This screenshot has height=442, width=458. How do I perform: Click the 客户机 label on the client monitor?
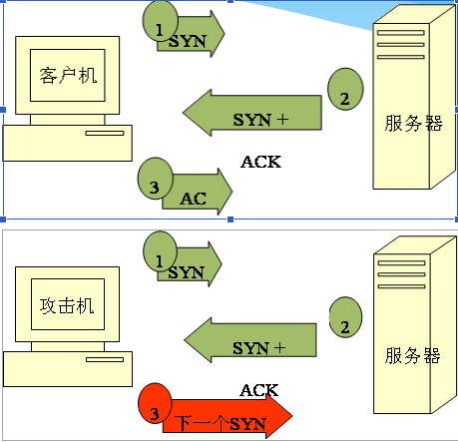click(x=68, y=76)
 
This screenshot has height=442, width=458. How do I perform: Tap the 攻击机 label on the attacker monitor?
click(x=67, y=305)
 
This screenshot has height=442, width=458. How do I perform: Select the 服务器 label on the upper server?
click(x=413, y=123)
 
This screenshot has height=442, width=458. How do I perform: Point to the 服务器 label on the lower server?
click(x=413, y=355)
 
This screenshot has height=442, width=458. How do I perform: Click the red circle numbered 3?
click(x=155, y=403)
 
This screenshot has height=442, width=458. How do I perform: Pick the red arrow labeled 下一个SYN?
click(x=228, y=416)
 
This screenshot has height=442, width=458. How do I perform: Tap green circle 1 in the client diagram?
click(x=160, y=21)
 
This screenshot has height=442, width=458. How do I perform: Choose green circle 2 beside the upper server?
click(x=345, y=89)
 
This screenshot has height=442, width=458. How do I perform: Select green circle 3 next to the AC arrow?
click(x=156, y=179)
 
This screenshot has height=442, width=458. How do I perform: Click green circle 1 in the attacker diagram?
click(x=160, y=251)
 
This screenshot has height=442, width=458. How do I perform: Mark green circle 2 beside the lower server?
click(x=345, y=317)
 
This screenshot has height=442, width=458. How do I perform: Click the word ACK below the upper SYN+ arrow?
click(x=261, y=162)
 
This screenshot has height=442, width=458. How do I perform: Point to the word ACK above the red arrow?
click(x=259, y=390)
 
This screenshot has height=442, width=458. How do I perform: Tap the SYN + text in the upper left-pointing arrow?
click(x=260, y=120)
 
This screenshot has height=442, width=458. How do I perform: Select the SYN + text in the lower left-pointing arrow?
click(x=259, y=348)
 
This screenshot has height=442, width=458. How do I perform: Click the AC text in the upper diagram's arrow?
click(x=194, y=199)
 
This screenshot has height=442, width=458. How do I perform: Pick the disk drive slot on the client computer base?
click(x=105, y=134)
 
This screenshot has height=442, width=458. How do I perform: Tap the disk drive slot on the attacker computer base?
click(x=105, y=360)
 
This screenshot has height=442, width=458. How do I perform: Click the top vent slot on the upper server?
click(x=401, y=33)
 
